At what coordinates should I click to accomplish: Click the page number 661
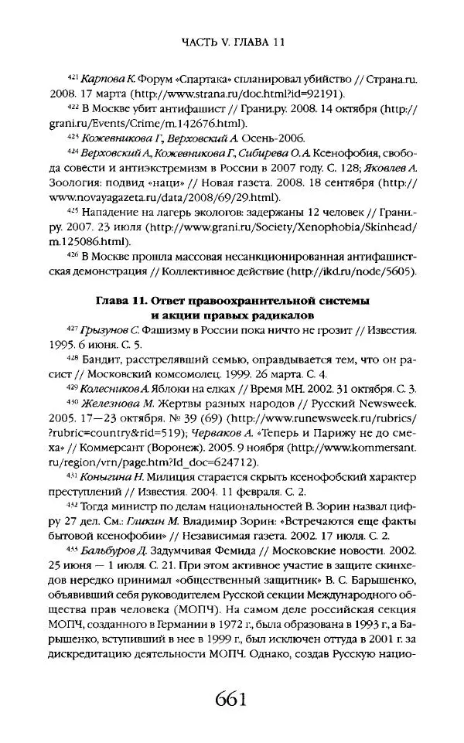point(232,702)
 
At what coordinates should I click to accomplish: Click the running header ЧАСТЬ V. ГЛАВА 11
point(232,44)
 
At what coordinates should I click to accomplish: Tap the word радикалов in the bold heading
point(287,315)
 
